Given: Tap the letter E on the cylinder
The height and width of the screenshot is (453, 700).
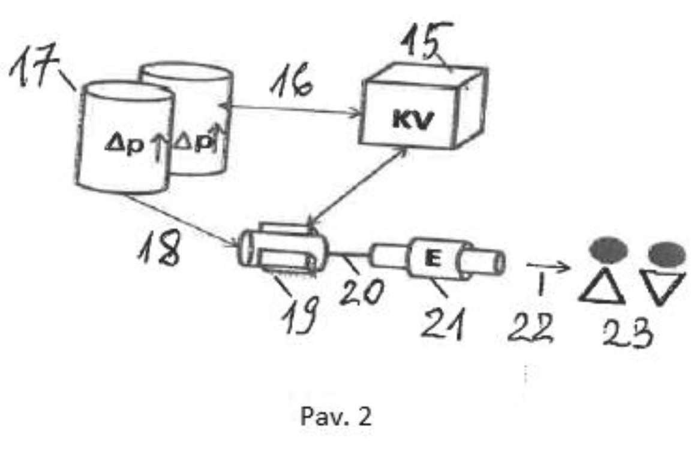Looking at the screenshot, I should pyautogui.click(x=432, y=259).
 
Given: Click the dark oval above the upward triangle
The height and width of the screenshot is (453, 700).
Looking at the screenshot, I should pyautogui.click(x=608, y=250).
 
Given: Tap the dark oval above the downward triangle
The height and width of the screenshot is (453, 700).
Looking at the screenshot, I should pyautogui.click(x=666, y=253).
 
